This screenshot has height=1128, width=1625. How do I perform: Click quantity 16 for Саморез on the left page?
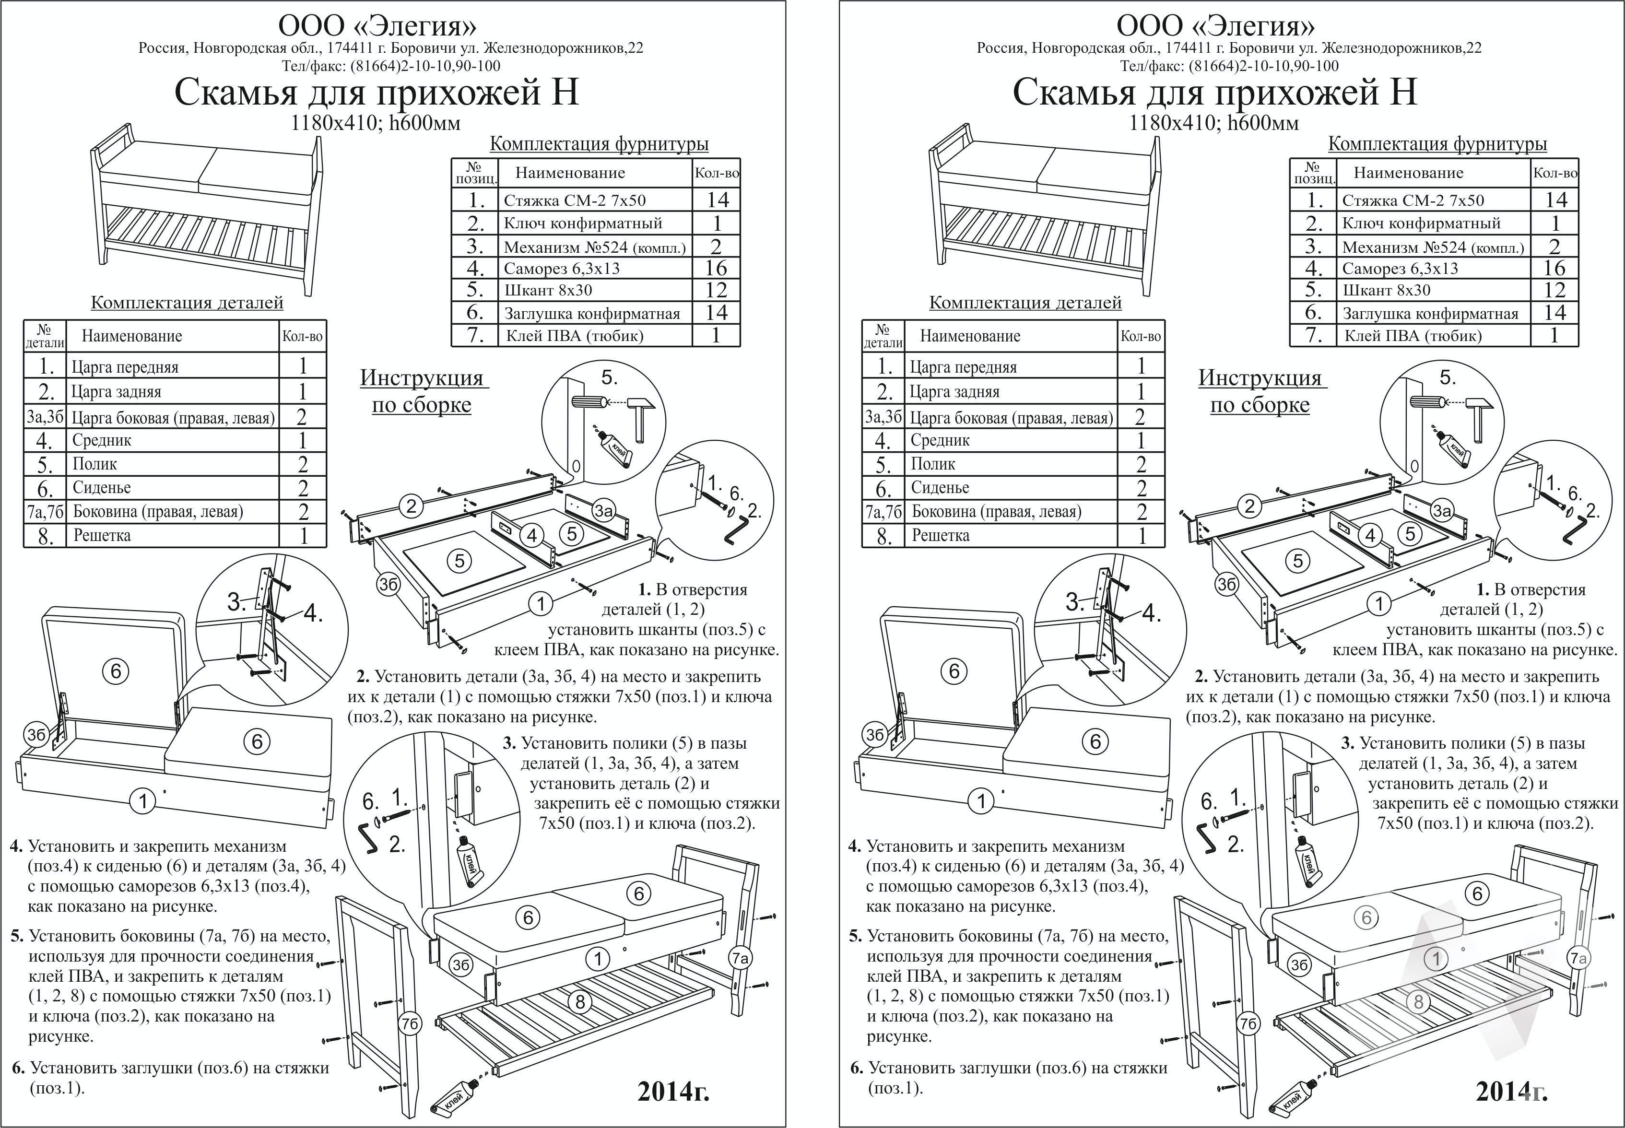[716, 268]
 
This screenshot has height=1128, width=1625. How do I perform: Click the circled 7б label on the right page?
[1248, 1023]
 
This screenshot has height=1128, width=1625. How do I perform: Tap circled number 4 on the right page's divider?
[1370, 536]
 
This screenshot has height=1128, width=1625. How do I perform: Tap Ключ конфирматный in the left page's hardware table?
[583, 223]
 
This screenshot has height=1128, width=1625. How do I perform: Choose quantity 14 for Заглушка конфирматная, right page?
[1555, 312]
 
